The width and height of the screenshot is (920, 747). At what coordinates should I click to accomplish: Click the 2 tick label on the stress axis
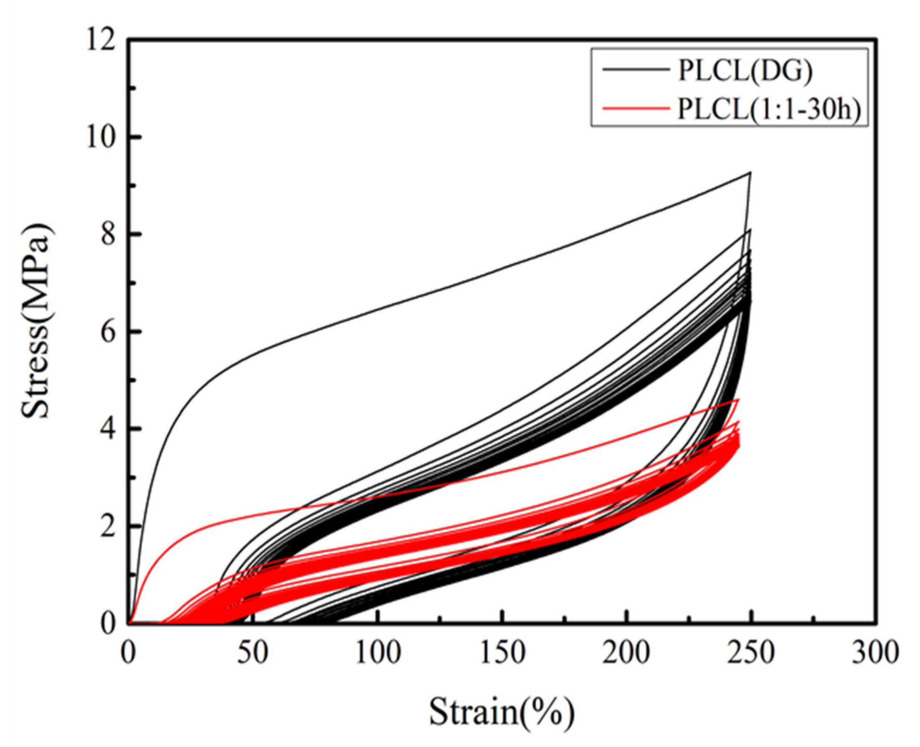(x=109, y=527)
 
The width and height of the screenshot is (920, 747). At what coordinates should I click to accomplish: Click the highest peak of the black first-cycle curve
(x=750, y=172)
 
